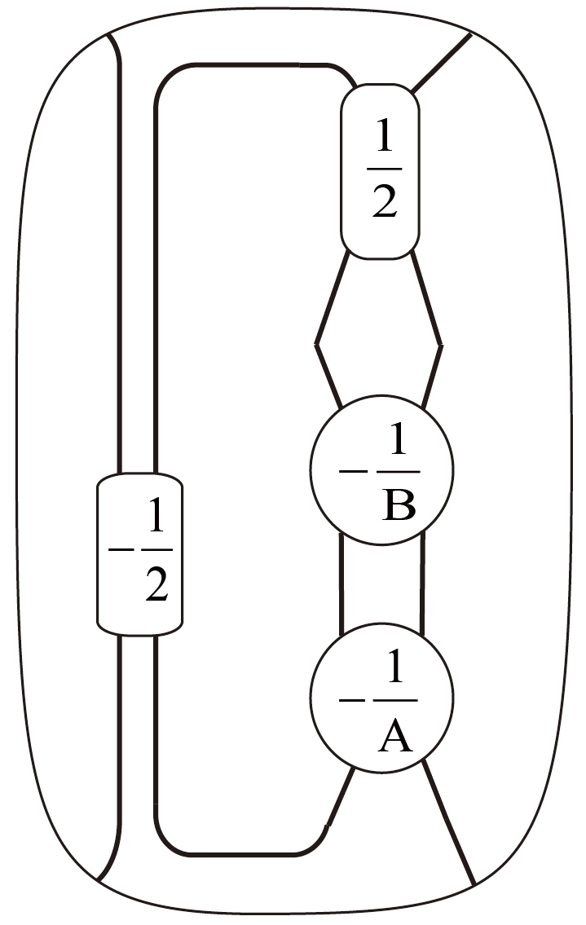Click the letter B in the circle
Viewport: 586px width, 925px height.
click(398, 505)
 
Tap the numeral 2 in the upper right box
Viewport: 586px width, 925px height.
click(384, 200)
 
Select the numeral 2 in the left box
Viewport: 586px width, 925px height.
click(156, 584)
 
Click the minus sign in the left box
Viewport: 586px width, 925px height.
click(121, 550)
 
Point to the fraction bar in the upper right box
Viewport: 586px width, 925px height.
click(384, 169)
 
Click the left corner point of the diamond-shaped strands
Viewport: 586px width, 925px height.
click(317, 346)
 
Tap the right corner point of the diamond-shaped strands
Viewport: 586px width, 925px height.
click(441, 346)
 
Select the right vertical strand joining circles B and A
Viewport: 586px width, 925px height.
click(422, 583)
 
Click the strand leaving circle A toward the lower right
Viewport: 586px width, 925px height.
click(450, 823)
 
